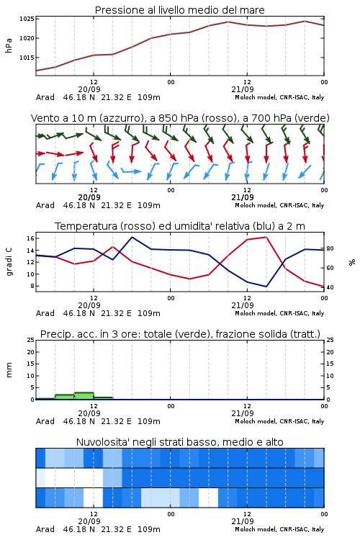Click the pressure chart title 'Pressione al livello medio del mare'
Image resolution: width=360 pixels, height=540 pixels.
(x=179, y=10)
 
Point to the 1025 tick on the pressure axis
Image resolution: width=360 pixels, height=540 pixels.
(x=27, y=19)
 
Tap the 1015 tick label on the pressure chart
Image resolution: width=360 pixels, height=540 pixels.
(x=27, y=58)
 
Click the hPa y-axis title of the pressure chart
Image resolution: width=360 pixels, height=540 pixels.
(x=9, y=45)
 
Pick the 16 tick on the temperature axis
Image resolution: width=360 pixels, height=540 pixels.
(x=30, y=238)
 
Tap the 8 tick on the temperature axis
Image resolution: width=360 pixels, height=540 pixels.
(x=32, y=286)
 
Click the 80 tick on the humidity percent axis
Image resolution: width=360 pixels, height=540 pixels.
(x=330, y=248)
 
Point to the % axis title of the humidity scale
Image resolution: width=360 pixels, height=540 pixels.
(x=352, y=262)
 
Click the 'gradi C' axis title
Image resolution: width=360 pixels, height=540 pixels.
(x=9, y=261)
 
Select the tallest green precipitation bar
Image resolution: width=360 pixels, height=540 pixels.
(x=84, y=396)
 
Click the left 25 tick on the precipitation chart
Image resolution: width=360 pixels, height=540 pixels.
(x=30, y=340)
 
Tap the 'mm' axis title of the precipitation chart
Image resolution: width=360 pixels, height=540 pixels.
(x=9, y=369)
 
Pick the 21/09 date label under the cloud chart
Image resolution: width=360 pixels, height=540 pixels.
(x=243, y=521)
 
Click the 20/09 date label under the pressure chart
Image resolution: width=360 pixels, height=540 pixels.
(x=89, y=89)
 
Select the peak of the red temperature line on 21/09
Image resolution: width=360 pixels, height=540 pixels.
(x=266, y=237)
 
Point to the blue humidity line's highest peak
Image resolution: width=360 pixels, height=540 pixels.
(x=132, y=237)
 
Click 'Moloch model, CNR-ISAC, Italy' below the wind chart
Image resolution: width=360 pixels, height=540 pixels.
(x=279, y=205)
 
